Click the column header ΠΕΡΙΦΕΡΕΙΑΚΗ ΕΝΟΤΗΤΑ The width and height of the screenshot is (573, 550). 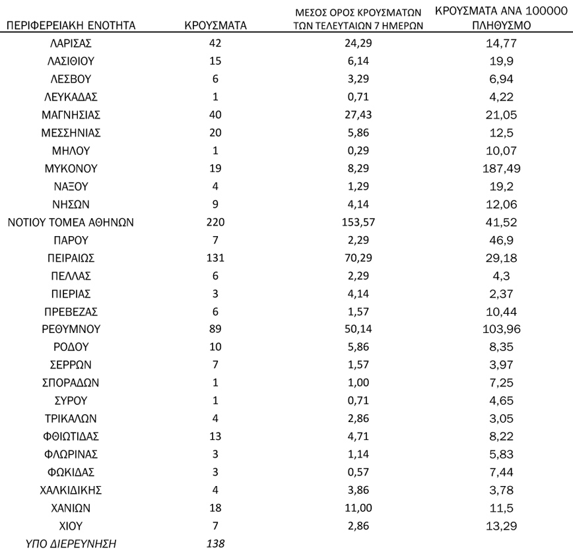(x=71, y=26)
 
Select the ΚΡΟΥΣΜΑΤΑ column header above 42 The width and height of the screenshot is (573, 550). (x=216, y=26)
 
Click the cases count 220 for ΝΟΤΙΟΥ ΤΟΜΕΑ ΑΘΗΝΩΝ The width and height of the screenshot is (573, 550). (x=216, y=222)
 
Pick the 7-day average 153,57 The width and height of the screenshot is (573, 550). (x=359, y=222)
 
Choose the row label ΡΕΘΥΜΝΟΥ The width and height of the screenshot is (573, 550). (x=71, y=329)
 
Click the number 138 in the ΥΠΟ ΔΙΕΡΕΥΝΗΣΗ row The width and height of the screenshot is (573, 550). (x=216, y=543)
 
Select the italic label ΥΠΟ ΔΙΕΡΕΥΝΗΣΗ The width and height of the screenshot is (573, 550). (x=71, y=543)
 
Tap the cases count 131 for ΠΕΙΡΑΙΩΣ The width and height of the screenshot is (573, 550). (x=216, y=258)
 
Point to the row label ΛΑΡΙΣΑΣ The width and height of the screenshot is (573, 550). (x=71, y=44)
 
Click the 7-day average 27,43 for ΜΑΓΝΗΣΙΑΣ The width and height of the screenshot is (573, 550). (x=359, y=115)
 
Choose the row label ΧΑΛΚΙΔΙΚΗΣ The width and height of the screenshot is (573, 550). (x=71, y=490)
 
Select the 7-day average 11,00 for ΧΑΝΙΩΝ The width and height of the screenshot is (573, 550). (x=359, y=508)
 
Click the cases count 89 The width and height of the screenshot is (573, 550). (x=216, y=329)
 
